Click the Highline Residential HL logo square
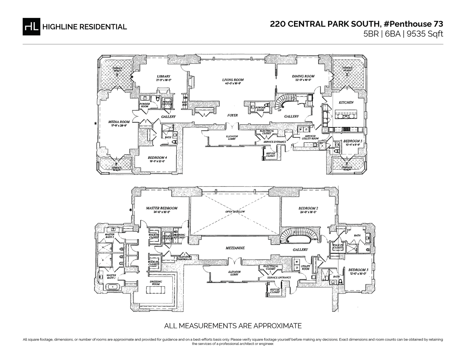click(x=31, y=26)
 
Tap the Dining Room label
click(x=303, y=77)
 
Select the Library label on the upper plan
click(x=163, y=77)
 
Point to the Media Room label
click(x=119, y=122)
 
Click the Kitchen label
click(x=346, y=103)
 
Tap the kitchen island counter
click(x=346, y=115)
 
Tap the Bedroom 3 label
click(x=358, y=270)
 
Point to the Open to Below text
click(x=235, y=212)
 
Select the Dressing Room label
click(x=156, y=283)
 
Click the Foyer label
click(x=232, y=115)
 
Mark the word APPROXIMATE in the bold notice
click(x=270, y=325)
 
